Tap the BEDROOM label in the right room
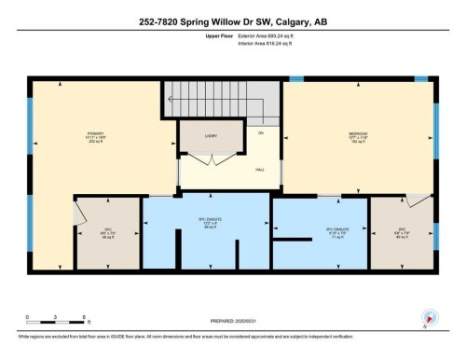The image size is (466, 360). tap(358, 133)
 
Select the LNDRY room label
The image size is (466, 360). tap(211, 134)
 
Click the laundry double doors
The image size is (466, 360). tap(212, 159)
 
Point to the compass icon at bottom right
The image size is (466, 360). tap(429, 316)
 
